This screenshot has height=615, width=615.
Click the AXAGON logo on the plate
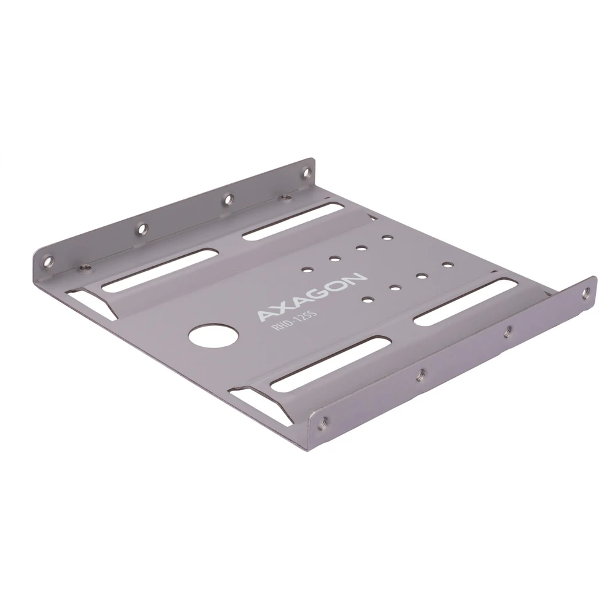312,296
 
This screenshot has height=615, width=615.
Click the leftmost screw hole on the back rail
48,260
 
